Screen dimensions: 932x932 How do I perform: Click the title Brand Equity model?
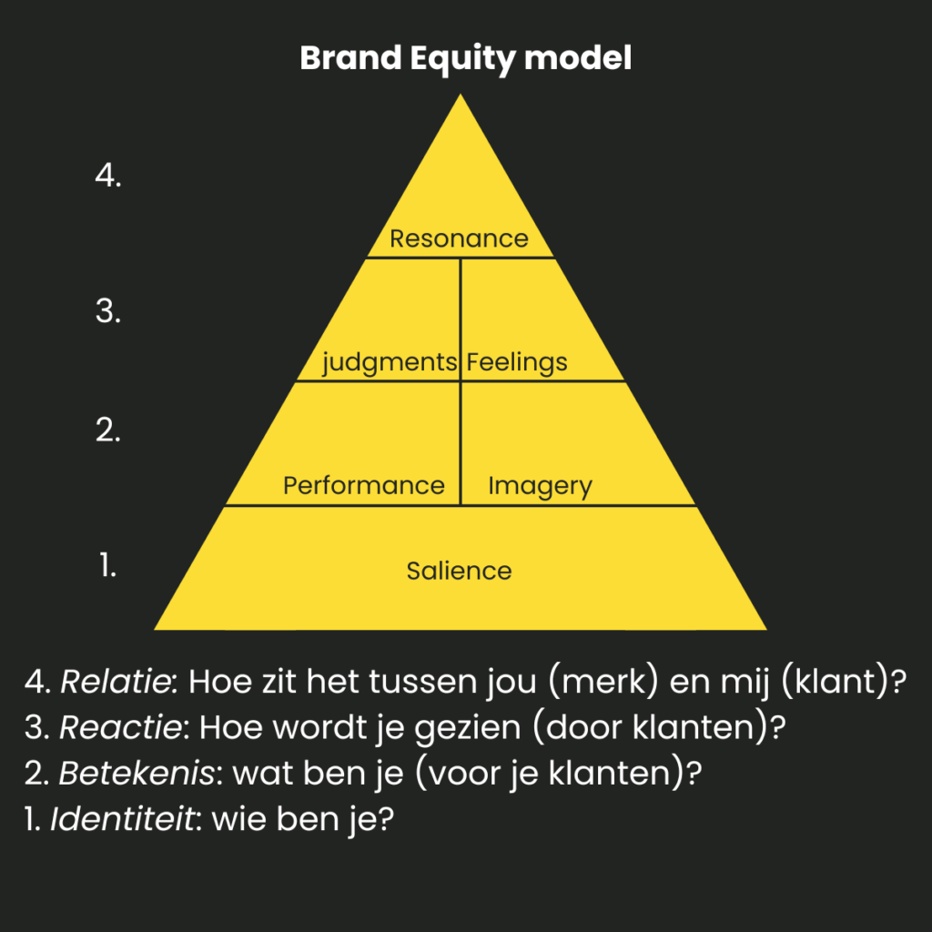(465, 59)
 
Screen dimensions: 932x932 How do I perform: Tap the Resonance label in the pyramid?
(459, 238)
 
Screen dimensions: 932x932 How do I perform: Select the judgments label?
(390, 362)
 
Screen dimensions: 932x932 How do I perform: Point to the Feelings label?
(517, 362)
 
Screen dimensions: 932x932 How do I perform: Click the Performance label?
(363, 485)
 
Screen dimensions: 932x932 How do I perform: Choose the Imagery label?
(540, 486)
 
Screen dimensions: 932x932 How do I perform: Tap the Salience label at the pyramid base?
(459, 571)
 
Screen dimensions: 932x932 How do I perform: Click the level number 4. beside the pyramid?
(108, 177)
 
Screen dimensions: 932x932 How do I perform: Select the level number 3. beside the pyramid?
(108, 311)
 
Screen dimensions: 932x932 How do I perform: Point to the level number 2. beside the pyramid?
(108, 431)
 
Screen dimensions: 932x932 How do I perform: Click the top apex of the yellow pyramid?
(461, 96)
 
